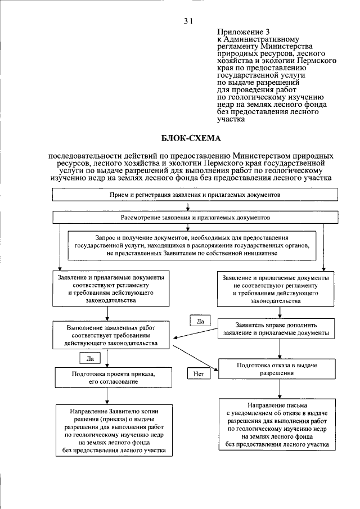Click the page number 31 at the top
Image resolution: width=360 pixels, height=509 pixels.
pyautogui.click(x=188, y=21)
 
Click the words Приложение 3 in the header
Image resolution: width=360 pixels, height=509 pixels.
pyautogui.click(x=240, y=33)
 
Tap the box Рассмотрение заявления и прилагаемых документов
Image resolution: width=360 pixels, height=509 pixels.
pyautogui.click(x=195, y=216)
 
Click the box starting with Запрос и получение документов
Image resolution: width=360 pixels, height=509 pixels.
pyautogui.click(x=191, y=246)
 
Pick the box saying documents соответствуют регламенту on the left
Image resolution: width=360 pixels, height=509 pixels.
pyautogui.click(x=106, y=289)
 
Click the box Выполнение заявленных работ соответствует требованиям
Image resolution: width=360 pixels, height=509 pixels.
pyautogui.click(x=106, y=335)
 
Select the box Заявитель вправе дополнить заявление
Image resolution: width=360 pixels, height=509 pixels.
pyautogui.click(x=276, y=328)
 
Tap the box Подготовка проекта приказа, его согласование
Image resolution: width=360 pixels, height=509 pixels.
pyautogui.click(x=106, y=377)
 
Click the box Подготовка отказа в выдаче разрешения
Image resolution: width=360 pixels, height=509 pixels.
pyautogui.click(x=276, y=369)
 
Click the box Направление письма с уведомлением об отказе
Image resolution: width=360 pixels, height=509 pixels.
pyautogui.click(x=276, y=425)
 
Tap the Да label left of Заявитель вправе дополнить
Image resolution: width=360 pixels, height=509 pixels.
pyautogui.click(x=199, y=321)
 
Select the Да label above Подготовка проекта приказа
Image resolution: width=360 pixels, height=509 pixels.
pyautogui.click(x=90, y=357)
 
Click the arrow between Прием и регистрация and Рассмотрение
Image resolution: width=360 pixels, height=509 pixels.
pyautogui.click(x=195, y=206)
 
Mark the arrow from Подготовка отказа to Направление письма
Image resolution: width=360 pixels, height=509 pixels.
pyautogui.click(x=276, y=388)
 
